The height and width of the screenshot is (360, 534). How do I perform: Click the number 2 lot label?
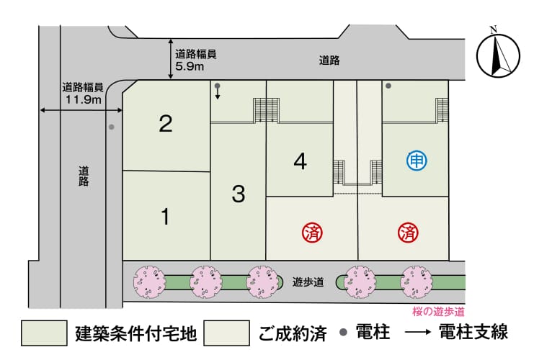166,124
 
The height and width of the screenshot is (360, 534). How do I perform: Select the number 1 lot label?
166,217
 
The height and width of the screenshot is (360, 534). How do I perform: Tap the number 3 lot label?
239,194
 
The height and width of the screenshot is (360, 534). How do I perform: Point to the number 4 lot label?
300,161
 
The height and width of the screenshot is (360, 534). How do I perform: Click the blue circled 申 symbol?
417,161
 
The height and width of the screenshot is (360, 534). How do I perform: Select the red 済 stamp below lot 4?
312,233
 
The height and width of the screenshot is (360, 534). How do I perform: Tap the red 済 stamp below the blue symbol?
408,233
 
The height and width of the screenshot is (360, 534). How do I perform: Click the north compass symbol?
498,55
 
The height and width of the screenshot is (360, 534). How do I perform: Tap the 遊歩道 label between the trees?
308,282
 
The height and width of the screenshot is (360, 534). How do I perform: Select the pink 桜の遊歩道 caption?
438,311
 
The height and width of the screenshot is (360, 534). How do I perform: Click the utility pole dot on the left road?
112,127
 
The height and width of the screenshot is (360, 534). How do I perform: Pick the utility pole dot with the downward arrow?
218,86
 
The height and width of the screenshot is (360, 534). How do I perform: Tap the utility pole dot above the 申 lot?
388,86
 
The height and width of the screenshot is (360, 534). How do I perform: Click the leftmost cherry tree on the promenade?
149,282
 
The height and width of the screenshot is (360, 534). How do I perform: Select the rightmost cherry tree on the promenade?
416,282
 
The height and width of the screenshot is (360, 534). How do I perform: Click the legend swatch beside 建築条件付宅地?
44,333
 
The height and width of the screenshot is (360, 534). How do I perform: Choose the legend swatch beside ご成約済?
227,333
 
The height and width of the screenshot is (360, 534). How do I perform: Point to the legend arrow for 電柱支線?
418,333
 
